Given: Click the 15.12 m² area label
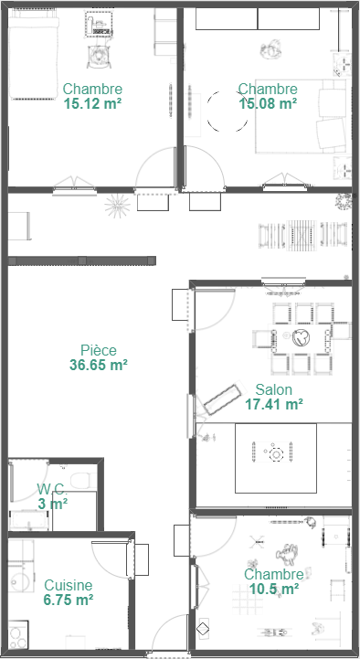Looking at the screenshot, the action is [93, 103].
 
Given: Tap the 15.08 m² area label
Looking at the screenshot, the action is [268, 103].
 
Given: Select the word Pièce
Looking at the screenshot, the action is [99, 350].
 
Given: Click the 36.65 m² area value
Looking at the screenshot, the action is [99, 365].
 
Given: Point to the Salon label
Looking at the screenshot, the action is [273, 389].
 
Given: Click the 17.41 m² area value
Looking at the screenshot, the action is [274, 404].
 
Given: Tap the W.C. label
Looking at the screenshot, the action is [52, 489].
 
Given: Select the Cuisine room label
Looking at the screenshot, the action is [69, 585].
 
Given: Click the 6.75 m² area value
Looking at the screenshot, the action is [69, 600].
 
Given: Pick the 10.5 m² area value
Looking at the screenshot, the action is [274, 589].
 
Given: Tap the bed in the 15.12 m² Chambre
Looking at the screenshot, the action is [34, 55].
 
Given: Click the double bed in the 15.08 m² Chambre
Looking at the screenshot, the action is [301, 116].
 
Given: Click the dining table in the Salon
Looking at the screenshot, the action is [301, 337].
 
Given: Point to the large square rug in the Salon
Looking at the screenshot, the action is [276, 458].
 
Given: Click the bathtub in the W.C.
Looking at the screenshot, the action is [29, 520].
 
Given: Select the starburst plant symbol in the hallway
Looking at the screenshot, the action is [117, 206].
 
